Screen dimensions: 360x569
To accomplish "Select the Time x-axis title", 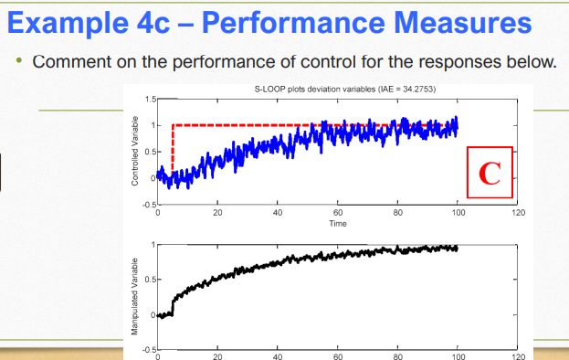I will click(337, 222).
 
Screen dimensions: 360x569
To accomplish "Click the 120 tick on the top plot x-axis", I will click(518, 212).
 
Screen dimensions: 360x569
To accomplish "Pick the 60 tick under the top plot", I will click(338, 212).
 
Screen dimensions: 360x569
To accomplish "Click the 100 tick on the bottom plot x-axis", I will click(458, 356).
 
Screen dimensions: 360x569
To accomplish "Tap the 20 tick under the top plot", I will click(217, 212).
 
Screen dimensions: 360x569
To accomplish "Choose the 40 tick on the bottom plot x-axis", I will click(278, 356).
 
